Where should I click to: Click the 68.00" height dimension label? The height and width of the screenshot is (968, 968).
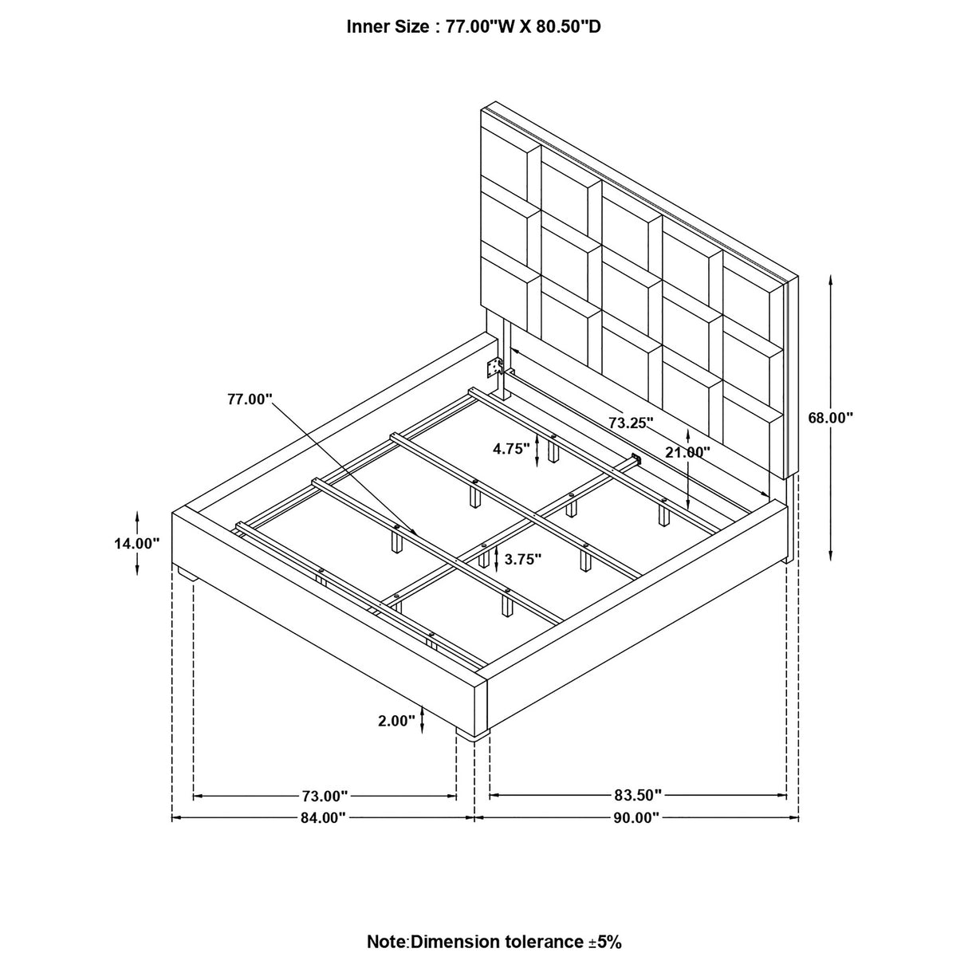click(830, 417)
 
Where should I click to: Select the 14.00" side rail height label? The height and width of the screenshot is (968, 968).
click(137, 543)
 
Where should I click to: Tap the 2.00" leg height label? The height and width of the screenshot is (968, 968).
click(397, 722)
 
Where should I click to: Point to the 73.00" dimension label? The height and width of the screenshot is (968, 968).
click(325, 796)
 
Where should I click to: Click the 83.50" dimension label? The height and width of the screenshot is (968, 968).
click(638, 796)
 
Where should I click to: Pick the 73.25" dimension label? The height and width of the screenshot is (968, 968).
click(632, 423)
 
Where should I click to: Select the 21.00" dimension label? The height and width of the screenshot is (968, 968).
click(687, 452)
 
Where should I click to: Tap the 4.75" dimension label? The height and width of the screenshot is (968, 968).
click(511, 449)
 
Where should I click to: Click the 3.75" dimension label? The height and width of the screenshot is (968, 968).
click(523, 560)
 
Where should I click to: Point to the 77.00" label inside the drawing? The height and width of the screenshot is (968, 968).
click(250, 399)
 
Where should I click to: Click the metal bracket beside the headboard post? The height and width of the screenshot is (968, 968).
click(495, 368)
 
